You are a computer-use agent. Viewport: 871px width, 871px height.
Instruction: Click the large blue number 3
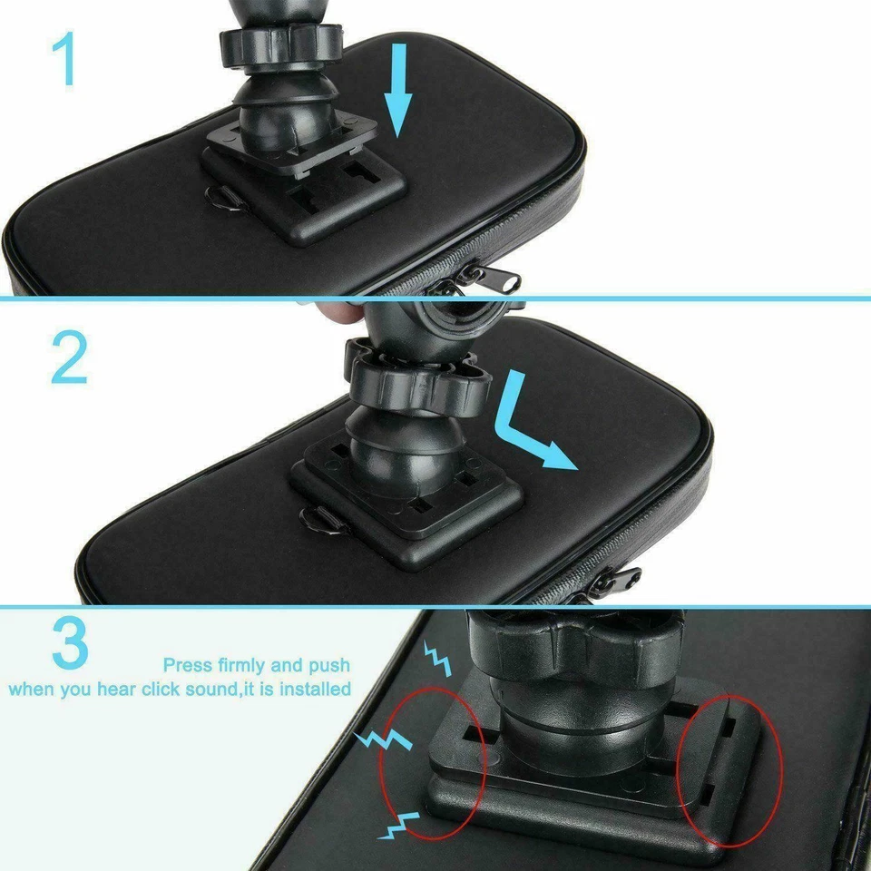[70, 643]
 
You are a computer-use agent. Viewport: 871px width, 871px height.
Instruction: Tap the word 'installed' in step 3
[315, 689]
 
